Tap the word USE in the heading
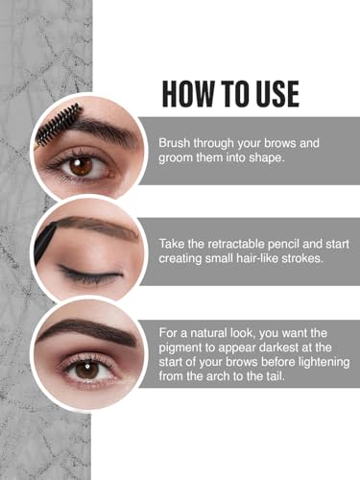click(x=273, y=93)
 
